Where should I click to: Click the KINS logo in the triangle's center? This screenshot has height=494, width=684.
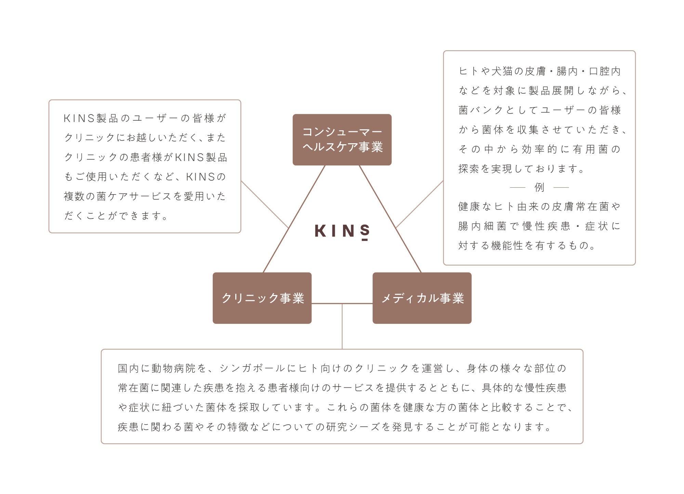tap(342, 231)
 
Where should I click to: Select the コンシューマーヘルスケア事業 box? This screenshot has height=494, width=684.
tap(342, 139)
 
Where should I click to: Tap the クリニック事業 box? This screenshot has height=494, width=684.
tap(262, 298)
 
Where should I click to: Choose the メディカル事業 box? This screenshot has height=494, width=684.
tap(422, 298)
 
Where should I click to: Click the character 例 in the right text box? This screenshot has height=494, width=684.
tap(539, 187)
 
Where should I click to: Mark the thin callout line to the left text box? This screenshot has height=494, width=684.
tap(265, 204)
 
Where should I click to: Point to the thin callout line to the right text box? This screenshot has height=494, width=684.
tap(419, 204)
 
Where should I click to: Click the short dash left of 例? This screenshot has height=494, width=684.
tap(517, 187)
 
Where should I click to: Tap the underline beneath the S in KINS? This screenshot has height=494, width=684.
tap(365, 240)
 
